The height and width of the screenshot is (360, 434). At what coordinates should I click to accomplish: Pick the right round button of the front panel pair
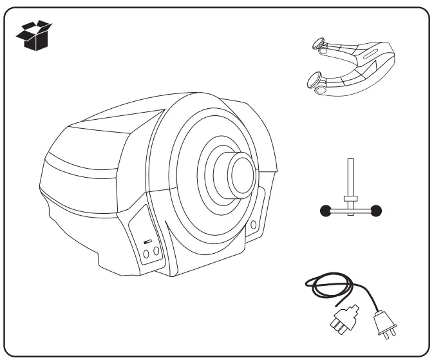156,253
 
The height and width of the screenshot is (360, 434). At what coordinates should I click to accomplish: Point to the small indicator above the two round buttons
147,242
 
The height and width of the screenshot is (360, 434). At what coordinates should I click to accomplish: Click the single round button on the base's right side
253,224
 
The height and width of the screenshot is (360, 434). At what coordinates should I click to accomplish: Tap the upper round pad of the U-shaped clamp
318,46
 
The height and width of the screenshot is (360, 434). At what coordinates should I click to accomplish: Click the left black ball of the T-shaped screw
325,210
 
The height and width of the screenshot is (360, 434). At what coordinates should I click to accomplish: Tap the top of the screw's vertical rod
350,160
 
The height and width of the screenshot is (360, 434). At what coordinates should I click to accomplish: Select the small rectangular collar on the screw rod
350,198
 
